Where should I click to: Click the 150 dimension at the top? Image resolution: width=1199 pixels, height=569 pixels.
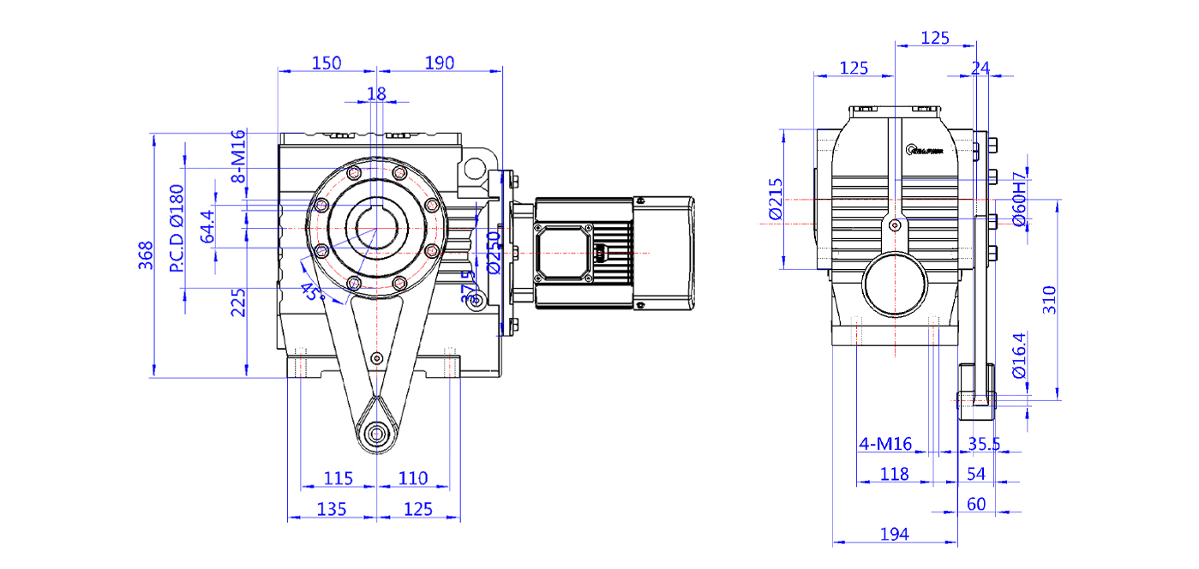coord(327,63)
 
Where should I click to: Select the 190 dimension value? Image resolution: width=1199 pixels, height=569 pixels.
coord(439,63)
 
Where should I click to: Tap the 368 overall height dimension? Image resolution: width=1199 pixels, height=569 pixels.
coord(145,255)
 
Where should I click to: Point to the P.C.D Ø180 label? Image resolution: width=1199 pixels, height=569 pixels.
coord(177,229)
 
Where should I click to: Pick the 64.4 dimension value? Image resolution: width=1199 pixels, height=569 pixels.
coord(207,226)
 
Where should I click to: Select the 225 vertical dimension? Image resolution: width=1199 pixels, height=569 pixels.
coord(239,302)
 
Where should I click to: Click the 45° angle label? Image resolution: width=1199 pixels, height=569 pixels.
coord(312,292)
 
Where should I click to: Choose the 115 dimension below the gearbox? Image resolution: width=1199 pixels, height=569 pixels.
coord(339,478)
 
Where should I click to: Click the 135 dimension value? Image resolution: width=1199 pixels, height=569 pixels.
coord(332,509)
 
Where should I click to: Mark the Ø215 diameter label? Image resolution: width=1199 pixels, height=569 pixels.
coord(776,200)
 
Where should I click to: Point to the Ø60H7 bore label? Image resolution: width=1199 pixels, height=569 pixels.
coord(1019,202)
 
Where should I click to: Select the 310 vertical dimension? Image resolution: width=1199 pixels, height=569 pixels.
coord(1051,300)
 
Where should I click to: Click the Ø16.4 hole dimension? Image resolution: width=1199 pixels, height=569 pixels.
coord(1019,356)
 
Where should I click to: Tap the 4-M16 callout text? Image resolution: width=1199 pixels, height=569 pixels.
coord(885,443)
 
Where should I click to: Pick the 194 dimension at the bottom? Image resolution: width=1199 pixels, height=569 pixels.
coord(894,534)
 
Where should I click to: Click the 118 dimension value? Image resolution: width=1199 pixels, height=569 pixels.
coord(894,473)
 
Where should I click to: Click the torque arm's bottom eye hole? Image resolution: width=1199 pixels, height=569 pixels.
coord(375,434)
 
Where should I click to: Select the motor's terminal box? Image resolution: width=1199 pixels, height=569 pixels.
coord(562,252)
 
